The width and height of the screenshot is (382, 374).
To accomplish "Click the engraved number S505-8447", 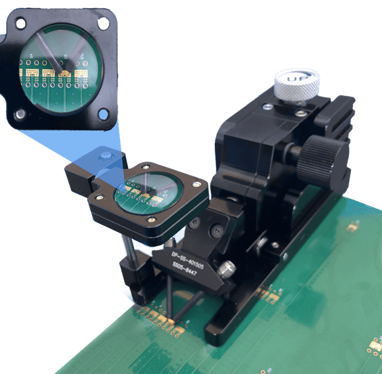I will pyautogui.click(x=186, y=270).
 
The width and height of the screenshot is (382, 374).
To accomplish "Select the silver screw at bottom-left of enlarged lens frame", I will pyautogui.click(x=21, y=113).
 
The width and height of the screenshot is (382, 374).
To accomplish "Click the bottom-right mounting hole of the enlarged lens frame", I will pyautogui.click(x=105, y=112).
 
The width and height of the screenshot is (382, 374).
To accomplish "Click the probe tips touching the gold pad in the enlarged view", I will pyautogui.click(x=64, y=70).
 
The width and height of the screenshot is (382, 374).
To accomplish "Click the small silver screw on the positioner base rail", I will pyautogui.click(x=273, y=245).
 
